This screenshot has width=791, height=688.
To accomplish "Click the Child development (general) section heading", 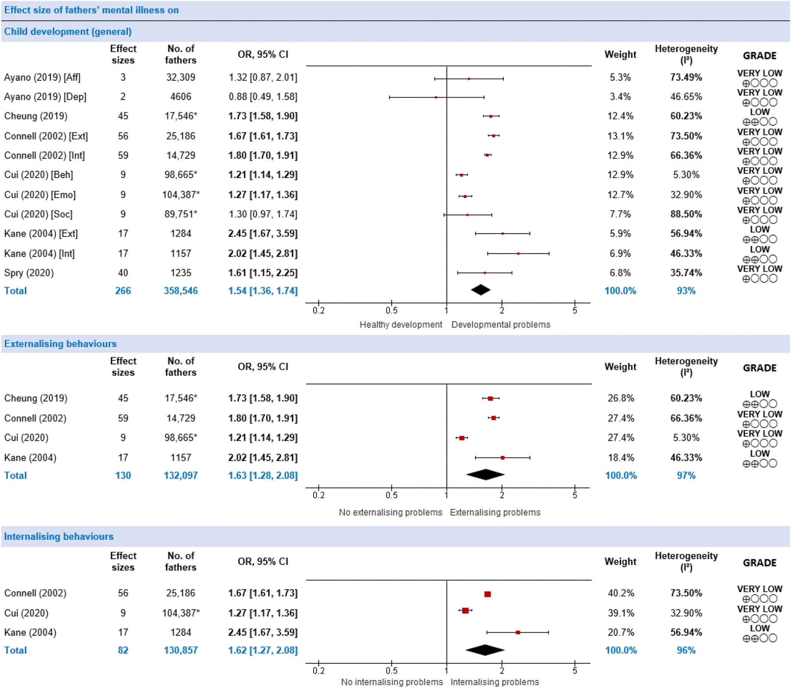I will [x=68, y=32].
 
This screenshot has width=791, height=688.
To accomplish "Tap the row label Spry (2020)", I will [x=29, y=273].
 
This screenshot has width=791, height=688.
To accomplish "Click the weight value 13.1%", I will [x=620, y=136].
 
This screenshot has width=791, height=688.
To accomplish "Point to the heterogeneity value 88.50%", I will [x=686, y=214].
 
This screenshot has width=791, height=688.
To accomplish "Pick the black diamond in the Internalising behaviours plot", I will [x=485, y=650].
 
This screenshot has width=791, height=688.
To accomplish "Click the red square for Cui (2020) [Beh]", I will [x=462, y=175].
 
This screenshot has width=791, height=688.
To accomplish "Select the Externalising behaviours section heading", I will [x=60, y=344].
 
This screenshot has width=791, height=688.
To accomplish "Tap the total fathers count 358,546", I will [x=181, y=291].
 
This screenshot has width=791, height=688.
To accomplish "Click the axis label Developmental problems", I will [x=501, y=325].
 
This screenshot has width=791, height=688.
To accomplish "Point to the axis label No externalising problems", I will [x=390, y=512].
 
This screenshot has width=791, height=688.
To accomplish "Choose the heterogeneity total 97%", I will [x=686, y=475].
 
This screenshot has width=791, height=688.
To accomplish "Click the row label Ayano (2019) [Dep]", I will [x=45, y=97].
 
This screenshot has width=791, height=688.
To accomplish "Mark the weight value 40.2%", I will [x=621, y=593].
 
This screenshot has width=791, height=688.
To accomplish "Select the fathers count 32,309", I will [x=181, y=77].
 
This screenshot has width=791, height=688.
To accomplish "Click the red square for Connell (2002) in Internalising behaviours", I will [x=488, y=594].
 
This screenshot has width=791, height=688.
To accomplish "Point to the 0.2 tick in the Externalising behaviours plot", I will [x=319, y=495].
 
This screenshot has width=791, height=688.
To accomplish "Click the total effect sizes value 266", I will [x=123, y=291].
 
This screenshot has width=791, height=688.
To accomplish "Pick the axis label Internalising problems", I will [x=494, y=682].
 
